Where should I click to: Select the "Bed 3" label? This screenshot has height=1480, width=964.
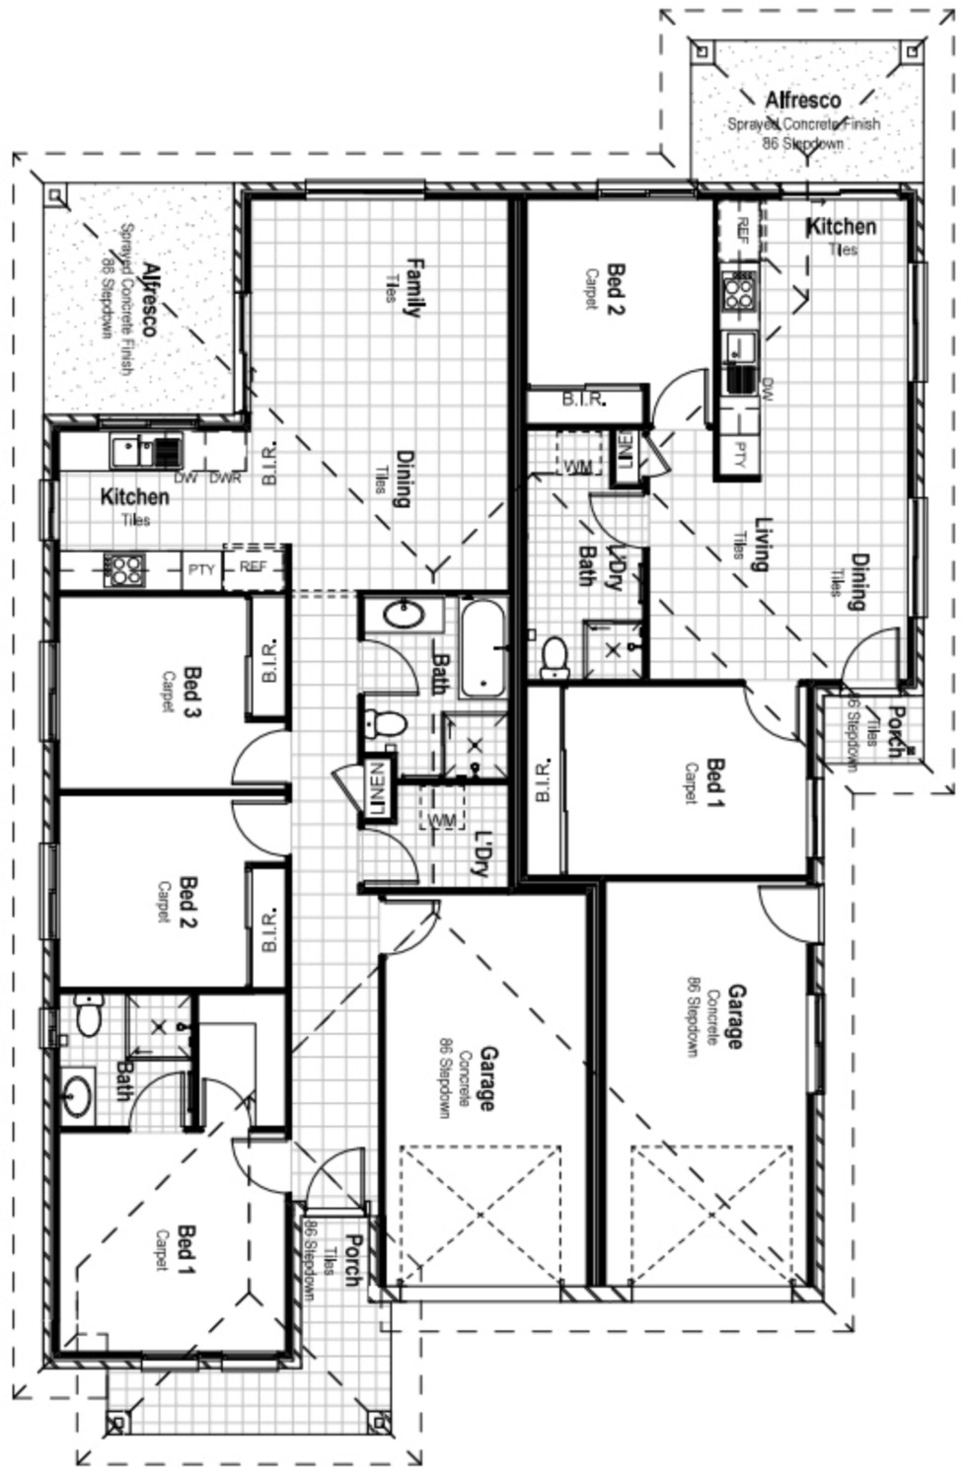[192, 692]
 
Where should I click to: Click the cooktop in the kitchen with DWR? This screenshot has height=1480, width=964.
[124, 569]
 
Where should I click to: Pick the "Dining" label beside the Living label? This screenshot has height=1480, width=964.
[859, 581]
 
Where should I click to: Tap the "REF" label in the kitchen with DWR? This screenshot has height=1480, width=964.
[254, 567]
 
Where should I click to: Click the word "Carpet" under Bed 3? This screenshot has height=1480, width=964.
[169, 692]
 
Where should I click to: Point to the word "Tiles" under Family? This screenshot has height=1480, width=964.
[391, 287]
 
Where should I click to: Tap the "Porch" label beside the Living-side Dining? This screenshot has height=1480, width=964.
[894, 731]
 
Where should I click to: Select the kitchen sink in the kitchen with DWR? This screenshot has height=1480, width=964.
[128, 451]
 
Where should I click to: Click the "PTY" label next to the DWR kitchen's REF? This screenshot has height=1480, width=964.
[201, 569]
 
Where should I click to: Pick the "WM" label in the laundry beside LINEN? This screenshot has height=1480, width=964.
[442, 819]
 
